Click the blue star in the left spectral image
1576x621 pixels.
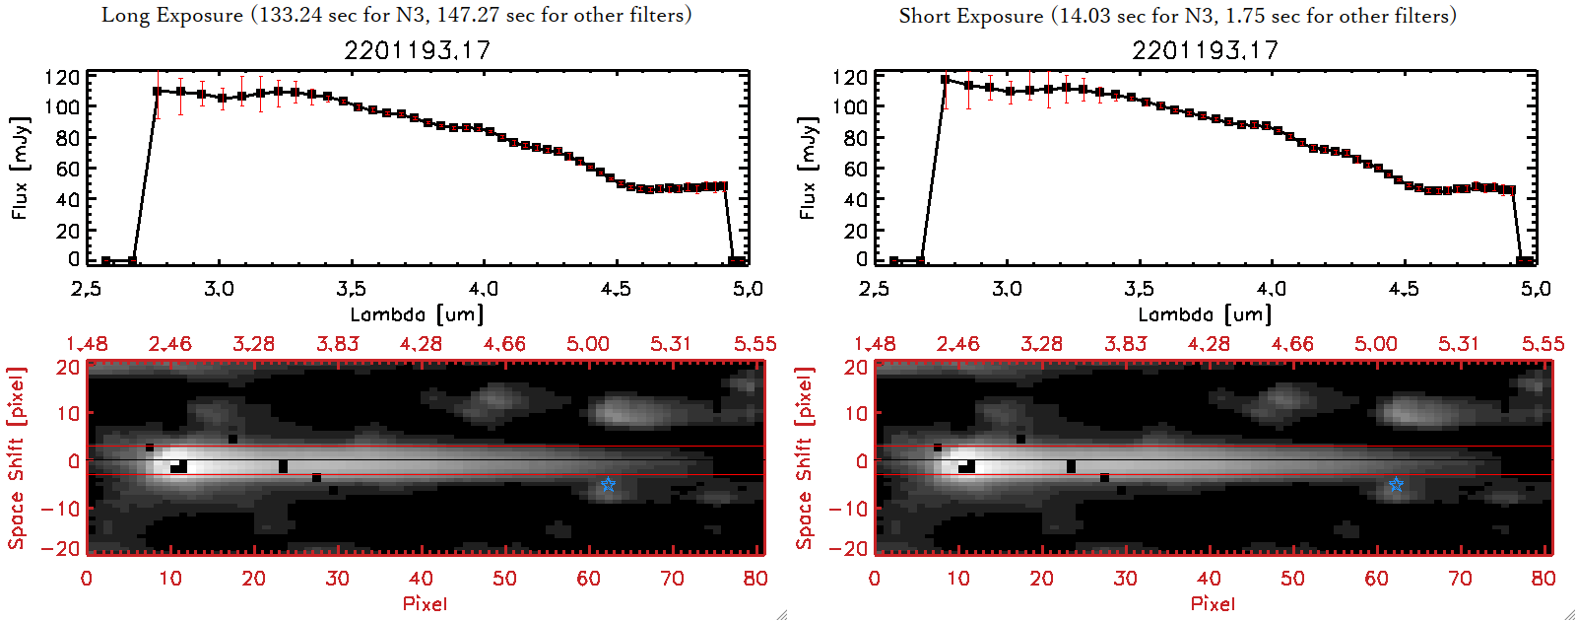(x=608, y=484)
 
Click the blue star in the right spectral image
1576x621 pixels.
(x=1396, y=484)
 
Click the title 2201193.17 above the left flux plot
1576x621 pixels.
(x=417, y=50)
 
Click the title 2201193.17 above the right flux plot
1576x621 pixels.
(x=1205, y=50)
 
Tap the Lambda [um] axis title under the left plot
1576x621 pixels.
(x=417, y=314)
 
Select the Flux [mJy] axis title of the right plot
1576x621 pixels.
(x=808, y=168)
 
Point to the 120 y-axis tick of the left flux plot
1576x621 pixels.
(x=62, y=77)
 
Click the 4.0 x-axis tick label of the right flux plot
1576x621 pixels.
(x=1271, y=289)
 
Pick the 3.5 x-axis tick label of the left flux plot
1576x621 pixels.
(x=351, y=289)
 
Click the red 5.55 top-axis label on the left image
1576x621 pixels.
(x=755, y=344)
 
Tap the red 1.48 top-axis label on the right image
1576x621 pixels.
(x=875, y=344)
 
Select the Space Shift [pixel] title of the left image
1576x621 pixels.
(x=17, y=458)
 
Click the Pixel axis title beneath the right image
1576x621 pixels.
(x=1213, y=603)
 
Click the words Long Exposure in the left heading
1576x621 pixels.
(x=172, y=15)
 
